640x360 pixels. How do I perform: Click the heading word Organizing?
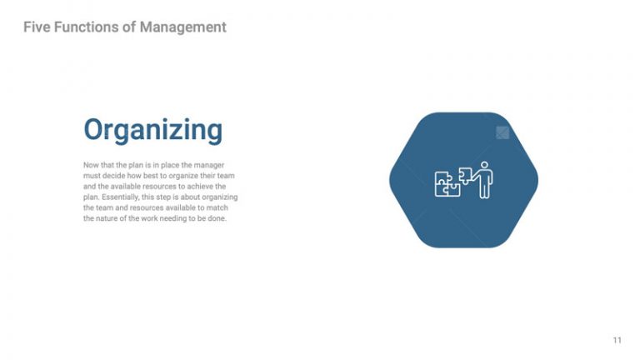coord(152,131)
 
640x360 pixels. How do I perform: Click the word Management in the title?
coord(182,27)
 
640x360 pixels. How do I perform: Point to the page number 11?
coord(617,340)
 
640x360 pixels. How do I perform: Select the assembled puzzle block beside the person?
coord(446,184)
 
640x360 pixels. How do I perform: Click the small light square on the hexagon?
coord(502,132)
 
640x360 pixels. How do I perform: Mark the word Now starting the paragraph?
coord(91,165)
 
